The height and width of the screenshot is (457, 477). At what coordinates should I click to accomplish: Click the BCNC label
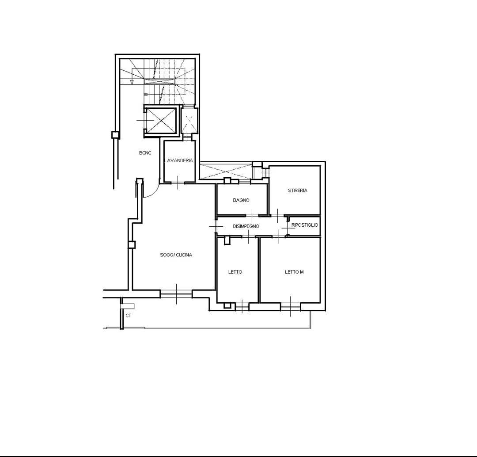pyautogui.click(x=145, y=153)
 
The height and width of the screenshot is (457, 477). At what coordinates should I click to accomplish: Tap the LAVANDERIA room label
pyautogui.click(x=178, y=160)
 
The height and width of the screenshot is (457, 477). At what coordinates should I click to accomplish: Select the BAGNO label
pyautogui.click(x=241, y=200)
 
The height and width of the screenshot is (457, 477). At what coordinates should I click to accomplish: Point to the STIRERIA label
pyautogui.click(x=298, y=190)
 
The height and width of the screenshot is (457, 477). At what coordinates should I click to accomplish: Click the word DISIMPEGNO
pyautogui.click(x=246, y=226)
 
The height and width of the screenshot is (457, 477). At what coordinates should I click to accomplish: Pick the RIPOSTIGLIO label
pyautogui.click(x=304, y=225)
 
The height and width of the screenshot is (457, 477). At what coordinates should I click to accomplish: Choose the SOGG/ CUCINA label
pyautogui.click(x=176, y=255)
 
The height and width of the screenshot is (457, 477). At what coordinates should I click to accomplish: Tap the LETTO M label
pyautogui.click(x=294, y=272)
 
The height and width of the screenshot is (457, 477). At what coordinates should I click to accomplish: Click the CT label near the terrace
pyautogui.click(x=129, y=316)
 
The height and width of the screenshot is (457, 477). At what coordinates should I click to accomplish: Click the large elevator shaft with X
pyautogui.click(x=161, y=121)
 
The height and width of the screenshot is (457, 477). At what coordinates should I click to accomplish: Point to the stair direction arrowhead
pyautogui.click(x=132, y=82)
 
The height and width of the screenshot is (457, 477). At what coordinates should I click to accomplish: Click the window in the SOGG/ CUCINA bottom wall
pyautogui.click(x=176, y=294)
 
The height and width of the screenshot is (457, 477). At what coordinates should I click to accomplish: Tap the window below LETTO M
pyautogui.click(x=291, y=307)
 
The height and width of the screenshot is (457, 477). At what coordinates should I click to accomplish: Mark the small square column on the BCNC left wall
pyautogui.click(x=115, y=134)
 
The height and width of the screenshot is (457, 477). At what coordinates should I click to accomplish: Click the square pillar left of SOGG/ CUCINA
pyautogui.click(x=132, y=244)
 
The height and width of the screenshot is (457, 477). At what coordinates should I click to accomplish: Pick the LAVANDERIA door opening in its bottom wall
pyautogui.click(x=178, y=183)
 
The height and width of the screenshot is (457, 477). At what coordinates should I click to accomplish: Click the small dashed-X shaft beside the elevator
pyautogui.click(x=189, y=121)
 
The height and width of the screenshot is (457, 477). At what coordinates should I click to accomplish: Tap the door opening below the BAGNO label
pyautogui.click(x=252, y=216)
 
